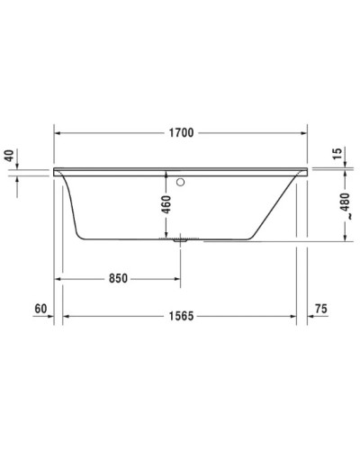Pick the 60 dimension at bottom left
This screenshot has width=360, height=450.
tap(40, 309)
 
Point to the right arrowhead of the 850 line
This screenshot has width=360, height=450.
tap(175, 278)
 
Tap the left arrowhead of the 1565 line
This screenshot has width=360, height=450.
tap(67, 317)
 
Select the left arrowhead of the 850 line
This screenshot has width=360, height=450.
tap(61, 278)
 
